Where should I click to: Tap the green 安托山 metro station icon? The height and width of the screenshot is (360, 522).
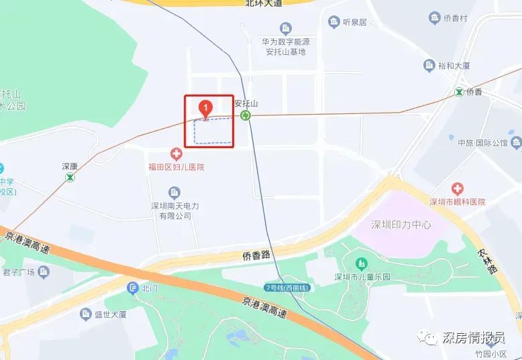click(x=246, y=115)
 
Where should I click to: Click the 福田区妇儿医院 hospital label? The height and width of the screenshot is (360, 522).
click(x=176, y=167)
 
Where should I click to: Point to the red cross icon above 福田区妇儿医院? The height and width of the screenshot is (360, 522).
click(x=177, y=154)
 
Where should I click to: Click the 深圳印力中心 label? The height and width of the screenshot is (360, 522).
click(x=401, y=224)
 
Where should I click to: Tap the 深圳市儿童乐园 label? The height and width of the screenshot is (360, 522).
click(x=362, y=277)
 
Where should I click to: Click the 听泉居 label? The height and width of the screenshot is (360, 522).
click(x=354, y=22)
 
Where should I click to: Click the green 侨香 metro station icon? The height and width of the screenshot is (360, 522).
click(x=459, y=92)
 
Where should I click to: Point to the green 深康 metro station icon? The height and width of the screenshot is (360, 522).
click(x=70, y=178)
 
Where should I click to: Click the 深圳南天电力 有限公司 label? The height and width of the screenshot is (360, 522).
click(x=174, y=211)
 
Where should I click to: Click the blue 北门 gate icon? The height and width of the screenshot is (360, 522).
click(x=132, y=288)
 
